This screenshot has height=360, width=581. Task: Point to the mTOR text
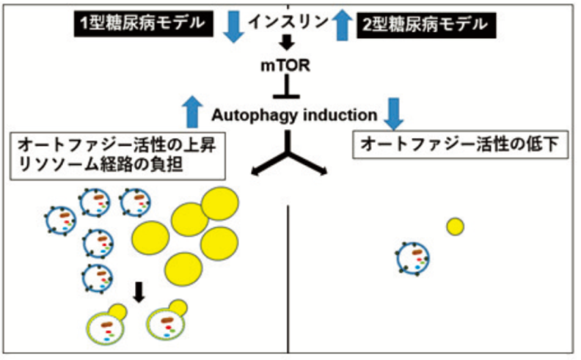[x=288, y=67]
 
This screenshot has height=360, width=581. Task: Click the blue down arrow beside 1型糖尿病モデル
[x=234, y=26]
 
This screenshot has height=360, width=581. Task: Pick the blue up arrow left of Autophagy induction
[x=192, y=111]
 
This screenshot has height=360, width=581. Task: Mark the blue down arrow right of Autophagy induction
[x=395, y=111]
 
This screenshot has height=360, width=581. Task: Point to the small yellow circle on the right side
[x=455, y=227]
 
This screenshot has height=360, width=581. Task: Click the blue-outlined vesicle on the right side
[x=412, y=258]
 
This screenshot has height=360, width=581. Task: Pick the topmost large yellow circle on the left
[x=221, y=203]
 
